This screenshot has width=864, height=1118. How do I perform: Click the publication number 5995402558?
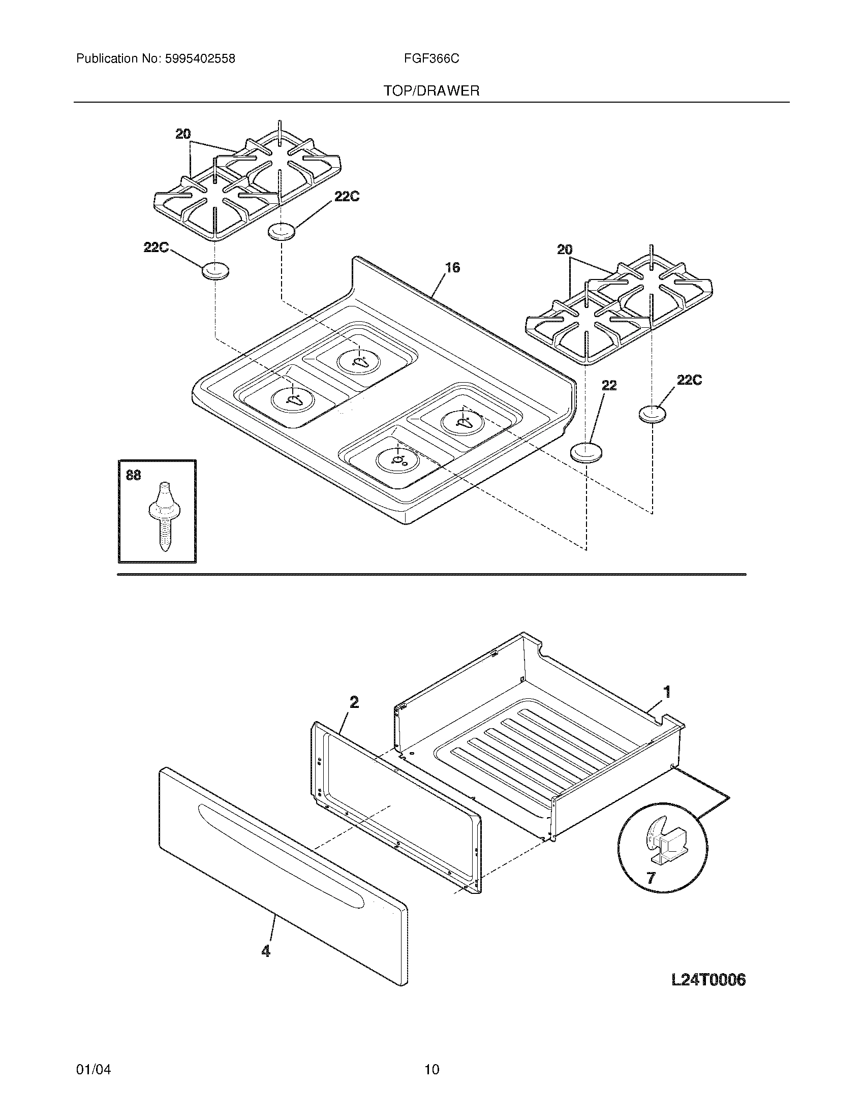pyautogui.click(x=200, y=59)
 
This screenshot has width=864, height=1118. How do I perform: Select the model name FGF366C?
pyautogui.click(x=431, y=59)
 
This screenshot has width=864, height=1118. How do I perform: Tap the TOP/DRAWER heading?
pyautogui.click(x=431, y=91)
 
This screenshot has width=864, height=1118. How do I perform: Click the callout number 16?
pyautogui.click(x=452, y=267)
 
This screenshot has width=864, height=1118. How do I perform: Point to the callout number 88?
pyautogui.click(x=133, y=476)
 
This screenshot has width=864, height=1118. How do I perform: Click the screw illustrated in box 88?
pyautogui.click(x=163, y=514)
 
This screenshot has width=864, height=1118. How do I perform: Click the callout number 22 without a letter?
pyautogui.click(x=608, y=386)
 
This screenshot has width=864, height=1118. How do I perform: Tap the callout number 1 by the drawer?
pyautogui.click(x=667, y=692)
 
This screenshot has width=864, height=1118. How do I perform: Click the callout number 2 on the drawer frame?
pyautogui.click(x=354, y=702)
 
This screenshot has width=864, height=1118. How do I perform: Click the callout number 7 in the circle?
pyautogui.click(x=651, y=878)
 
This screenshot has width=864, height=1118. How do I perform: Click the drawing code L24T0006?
pyautogui.click(x=708, y=980)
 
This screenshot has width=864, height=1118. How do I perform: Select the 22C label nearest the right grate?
pyautogui.click(x=689, y=380)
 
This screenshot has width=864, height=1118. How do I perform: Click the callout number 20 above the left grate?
pyautogui.click(x=183, y=134)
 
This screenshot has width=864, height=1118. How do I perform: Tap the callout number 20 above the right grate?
pyautogui.click(x=565, y=250)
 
